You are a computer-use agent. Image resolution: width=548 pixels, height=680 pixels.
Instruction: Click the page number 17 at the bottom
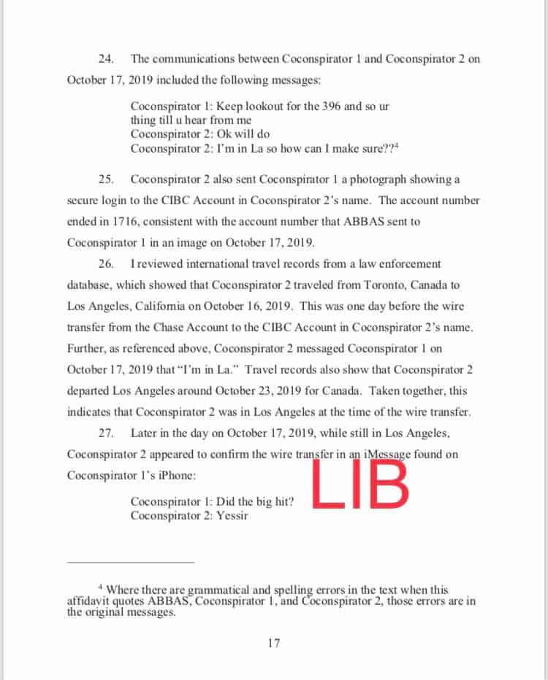pyautogui.click(x=274, y=643)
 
